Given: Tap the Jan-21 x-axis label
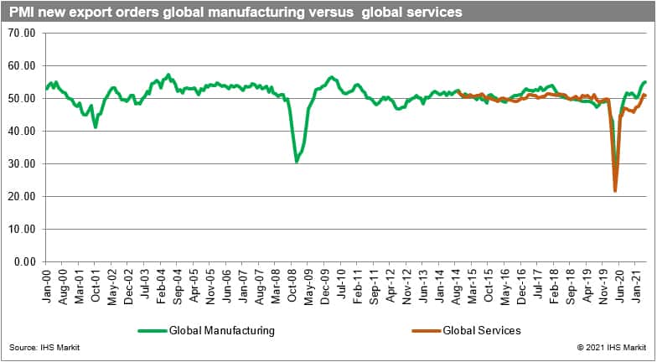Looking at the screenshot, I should click(635, 282).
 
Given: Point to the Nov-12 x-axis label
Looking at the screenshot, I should click(406, 282).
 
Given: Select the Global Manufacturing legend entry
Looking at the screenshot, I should click(221, 330).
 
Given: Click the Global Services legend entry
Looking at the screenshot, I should click(482, 330).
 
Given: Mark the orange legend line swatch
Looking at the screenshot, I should click(427, 330).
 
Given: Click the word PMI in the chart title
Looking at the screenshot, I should click(23, 13).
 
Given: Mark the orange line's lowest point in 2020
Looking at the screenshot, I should click(616, 191).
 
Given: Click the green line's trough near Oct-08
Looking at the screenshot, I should click(297, 162).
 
